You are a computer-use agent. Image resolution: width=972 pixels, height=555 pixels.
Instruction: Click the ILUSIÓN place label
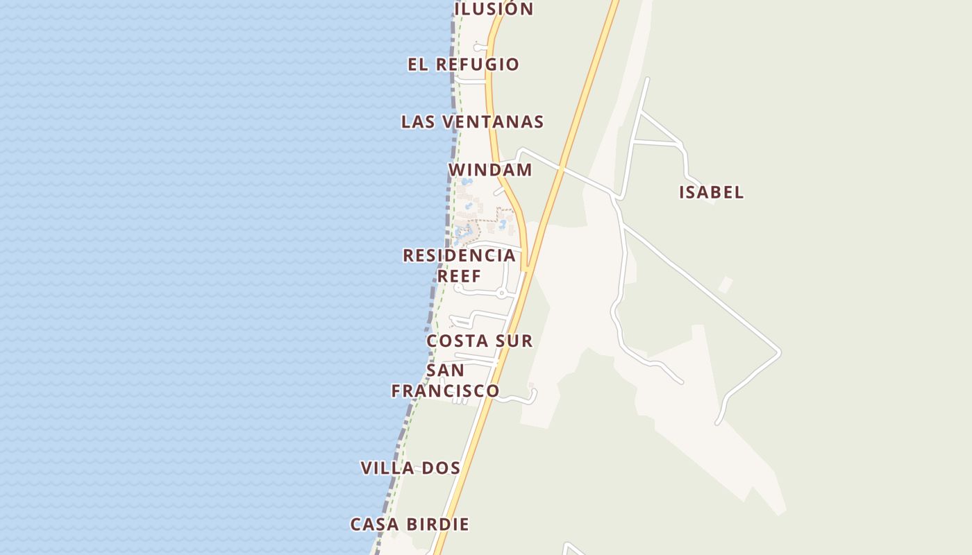[x=494, y=9]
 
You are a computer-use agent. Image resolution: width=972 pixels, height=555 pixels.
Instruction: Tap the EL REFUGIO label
[x=463, y=65]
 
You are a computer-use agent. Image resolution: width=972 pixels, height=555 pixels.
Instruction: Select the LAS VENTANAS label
[x=472, y=122]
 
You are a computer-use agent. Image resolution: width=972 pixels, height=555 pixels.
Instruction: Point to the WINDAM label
[x=490, y=170]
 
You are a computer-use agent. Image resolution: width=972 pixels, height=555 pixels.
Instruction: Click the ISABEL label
[x=711, y=192]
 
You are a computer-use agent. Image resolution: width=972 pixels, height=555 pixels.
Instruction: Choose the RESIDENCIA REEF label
[x=459, y=265]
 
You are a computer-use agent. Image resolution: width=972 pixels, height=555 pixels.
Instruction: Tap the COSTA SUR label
[x=479, y=341]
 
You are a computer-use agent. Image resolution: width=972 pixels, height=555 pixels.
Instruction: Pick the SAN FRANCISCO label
[x=445, y=381]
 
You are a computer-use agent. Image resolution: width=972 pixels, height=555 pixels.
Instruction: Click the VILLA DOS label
[x=410, y=468]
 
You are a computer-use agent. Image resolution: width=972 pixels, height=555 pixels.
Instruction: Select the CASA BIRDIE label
[x=410, y=524]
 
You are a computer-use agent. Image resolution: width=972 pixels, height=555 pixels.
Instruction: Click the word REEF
[x=459, y=276]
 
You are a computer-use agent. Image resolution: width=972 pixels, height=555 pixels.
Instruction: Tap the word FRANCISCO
[x=445, y=391]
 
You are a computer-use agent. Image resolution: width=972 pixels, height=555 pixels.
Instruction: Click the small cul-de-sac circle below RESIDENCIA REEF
[x=501, y=293]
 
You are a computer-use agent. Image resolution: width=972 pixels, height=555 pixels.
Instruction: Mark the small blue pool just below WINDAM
[x=467, y=182]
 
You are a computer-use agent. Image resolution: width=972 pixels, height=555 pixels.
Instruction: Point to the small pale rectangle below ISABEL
[x=726, y=284]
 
